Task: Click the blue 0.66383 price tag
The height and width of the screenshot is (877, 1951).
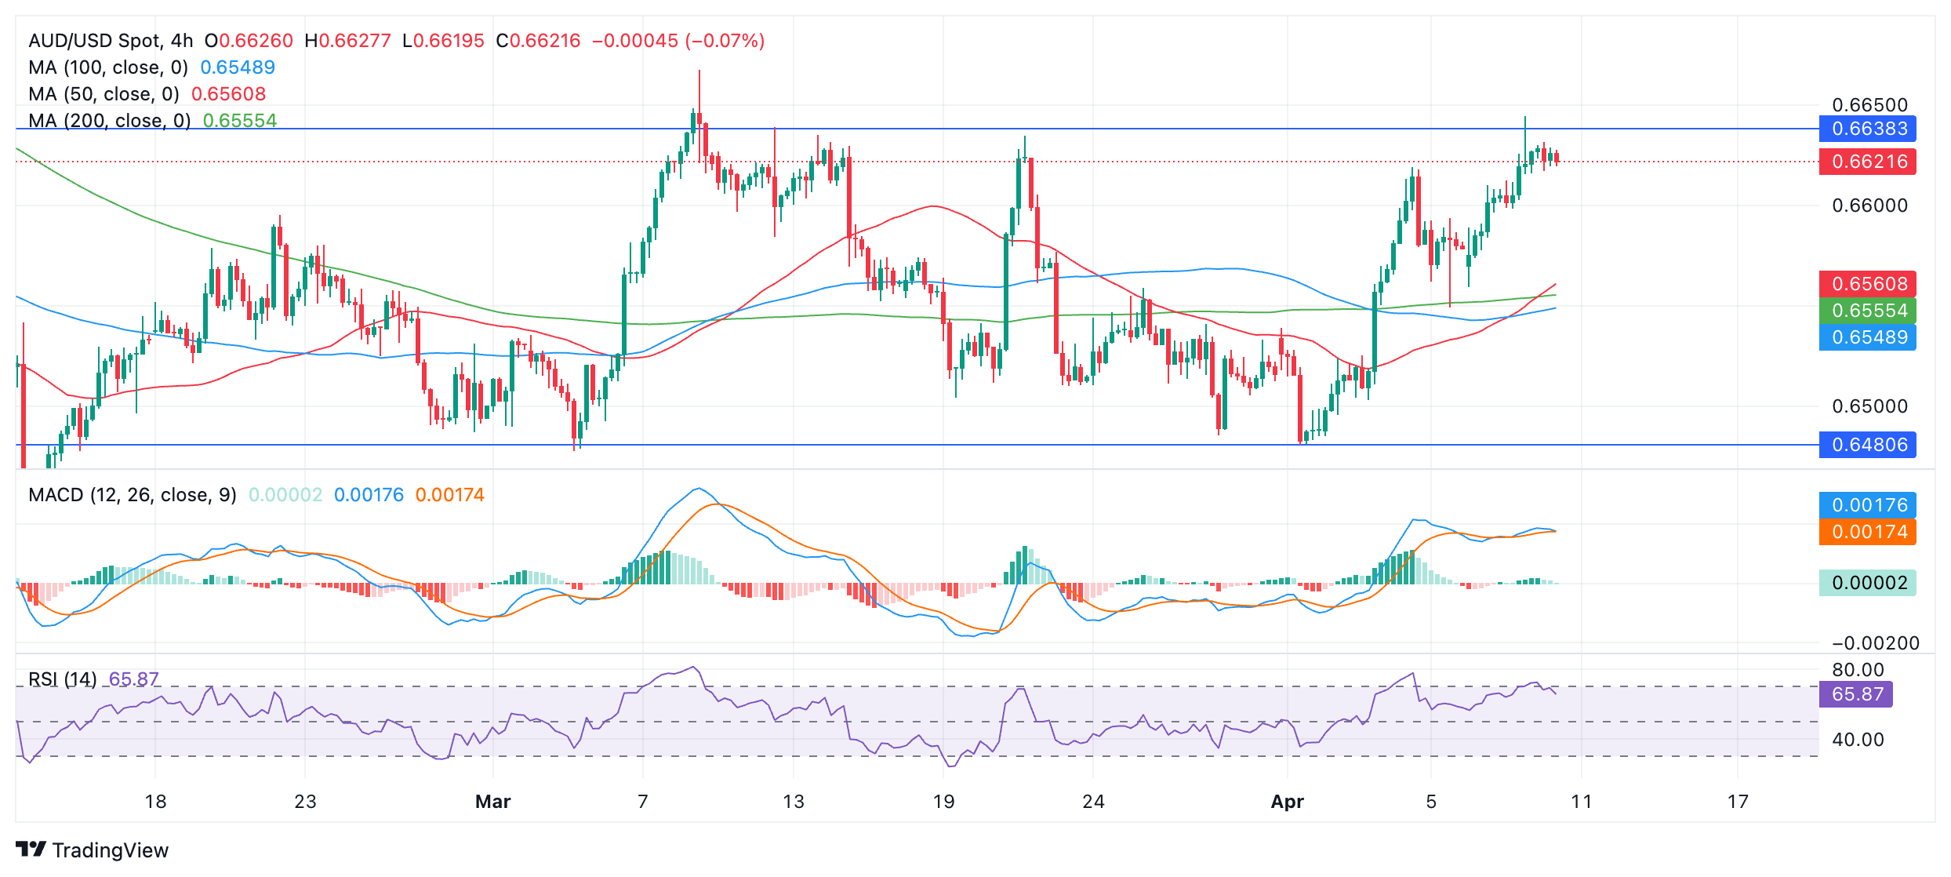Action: (1867, 129)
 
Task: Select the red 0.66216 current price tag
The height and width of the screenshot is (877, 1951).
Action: (1867, 162)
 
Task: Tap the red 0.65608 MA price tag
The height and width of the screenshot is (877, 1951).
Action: (1867, 284)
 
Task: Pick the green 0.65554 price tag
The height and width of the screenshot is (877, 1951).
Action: (1867, 311)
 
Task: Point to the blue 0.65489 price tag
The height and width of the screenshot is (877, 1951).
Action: (1867, 337)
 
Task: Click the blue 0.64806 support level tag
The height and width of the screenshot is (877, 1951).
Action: (1867, 445)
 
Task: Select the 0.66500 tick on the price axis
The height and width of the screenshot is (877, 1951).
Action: (1869, 105)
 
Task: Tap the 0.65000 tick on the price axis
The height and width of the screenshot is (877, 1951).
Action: (1869, 406)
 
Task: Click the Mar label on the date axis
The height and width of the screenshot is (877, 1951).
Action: (492, 802)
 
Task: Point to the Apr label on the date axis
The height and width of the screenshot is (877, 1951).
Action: (1287, 802)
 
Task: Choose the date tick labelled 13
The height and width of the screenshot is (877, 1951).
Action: (794, 802)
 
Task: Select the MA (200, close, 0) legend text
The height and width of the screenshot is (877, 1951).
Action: (110, 121)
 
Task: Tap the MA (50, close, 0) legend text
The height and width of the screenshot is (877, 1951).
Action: (104, 94)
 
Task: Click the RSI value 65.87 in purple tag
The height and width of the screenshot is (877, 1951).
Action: (1855, 694)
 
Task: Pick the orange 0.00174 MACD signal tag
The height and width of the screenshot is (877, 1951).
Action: (1867, 532)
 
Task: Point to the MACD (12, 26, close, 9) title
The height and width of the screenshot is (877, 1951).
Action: (132, 495)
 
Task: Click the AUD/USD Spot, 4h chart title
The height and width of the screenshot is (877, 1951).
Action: (111, 41)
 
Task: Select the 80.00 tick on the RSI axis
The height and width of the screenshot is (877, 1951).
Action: (1858, 670)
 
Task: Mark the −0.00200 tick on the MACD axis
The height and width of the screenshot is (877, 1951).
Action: (1875, 643)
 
